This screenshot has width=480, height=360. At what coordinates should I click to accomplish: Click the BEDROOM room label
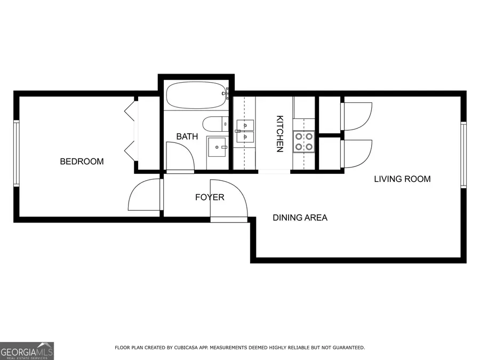(x=82, y=162)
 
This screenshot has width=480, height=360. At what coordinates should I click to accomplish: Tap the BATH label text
(x=187, y=137)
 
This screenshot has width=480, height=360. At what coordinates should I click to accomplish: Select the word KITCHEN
(x=279, y=134)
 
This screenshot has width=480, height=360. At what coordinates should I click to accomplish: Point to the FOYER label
(x=210, y=197)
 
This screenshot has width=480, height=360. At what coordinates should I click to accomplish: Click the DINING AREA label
(x=300, y=218)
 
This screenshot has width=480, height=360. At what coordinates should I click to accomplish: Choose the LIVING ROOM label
(x=402, y=179)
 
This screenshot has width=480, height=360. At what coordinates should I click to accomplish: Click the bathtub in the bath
(x=196, y=96)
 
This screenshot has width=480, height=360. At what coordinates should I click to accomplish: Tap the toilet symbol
(x=216, y=124)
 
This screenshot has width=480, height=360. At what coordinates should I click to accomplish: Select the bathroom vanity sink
(x=218, y=147)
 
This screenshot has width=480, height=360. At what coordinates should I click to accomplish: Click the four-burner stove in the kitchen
(x=303, y=141)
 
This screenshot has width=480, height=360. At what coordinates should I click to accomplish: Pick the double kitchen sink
(x=245, y=131)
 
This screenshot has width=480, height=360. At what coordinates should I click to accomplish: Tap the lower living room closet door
(x=356, y=154)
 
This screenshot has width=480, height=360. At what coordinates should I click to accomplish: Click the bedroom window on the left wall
(x=17, y=154)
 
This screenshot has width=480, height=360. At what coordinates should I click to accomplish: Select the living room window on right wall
(x=463, y=155)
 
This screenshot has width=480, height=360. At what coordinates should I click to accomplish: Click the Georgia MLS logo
(x=27, y=351)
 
